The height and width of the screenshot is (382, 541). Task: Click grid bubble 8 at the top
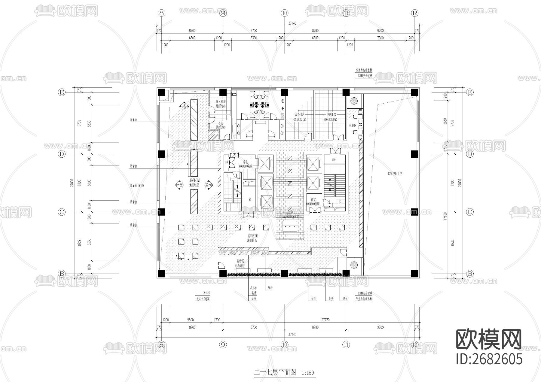pos(162,13)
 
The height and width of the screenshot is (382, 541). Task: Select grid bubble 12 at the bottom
pos(415,344)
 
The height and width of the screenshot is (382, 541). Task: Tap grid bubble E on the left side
pos(62,92)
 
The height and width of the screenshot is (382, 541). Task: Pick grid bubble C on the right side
pos(469,212)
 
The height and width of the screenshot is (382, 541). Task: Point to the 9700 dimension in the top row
pos(380,30)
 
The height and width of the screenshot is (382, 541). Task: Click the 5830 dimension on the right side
pos(445,121)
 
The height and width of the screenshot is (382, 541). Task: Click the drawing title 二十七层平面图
pos(275,373)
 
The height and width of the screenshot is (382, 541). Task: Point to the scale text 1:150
pos(307,373)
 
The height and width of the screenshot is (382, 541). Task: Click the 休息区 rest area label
pos(353,125)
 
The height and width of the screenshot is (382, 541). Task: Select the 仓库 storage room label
pos(221,123)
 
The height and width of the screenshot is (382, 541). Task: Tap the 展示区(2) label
pos(194,180)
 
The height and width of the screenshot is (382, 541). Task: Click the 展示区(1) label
pos(252,236)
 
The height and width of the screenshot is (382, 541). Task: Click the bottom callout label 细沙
pos(270,288)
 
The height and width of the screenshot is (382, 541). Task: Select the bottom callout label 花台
pos(345,299)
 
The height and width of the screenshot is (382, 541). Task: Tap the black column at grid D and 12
pos(415,154)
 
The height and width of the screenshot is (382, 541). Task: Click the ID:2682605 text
pos(489,359)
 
